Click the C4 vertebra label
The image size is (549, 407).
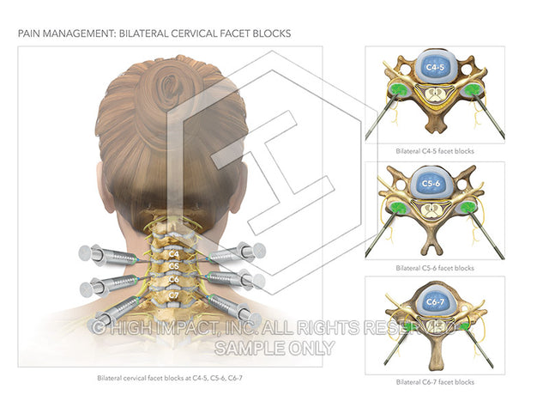click(x=173, y=253)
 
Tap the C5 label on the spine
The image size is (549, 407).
click(x=173, y=266)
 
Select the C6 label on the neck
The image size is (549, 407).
click(x=173, y=279)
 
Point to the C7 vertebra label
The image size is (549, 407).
click(x=173, y=295)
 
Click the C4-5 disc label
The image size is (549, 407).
click(x=435, y=67)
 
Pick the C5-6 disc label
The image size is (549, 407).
click(x=431, y=184)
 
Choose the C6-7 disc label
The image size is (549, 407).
click(x=435, y=302)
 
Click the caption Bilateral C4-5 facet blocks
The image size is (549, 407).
click(x=435, y=151)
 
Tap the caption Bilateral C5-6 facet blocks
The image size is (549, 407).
click(x=435, y=268)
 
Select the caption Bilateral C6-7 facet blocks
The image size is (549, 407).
click(x=435, y=382)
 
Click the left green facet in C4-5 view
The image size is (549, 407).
click(x=398, y=90)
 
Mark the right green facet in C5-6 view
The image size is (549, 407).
click(x=467, y=208)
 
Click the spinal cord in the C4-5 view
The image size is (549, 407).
click(x=435, y=94)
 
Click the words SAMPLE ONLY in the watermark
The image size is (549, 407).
click(x=274, y=348)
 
